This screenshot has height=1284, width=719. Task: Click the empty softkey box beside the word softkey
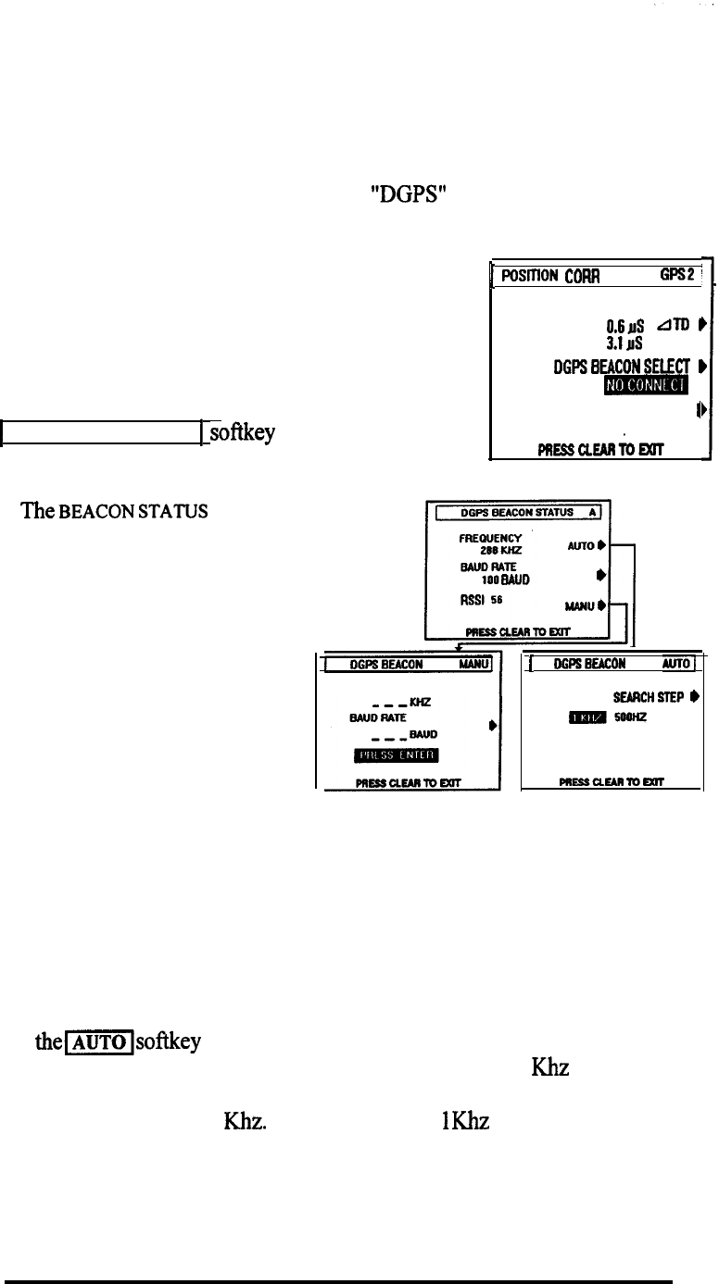pos(101,432)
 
